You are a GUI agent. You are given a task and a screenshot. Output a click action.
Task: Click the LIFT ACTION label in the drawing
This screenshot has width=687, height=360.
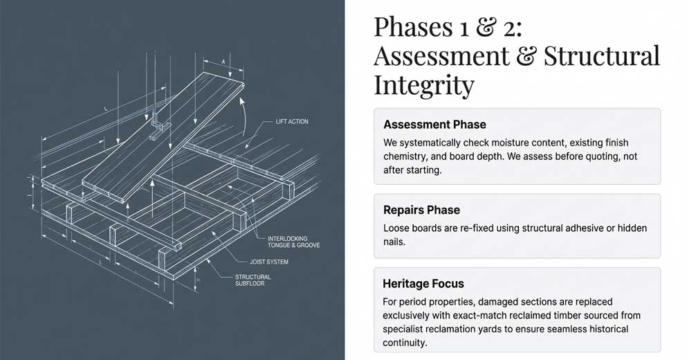(292, 121)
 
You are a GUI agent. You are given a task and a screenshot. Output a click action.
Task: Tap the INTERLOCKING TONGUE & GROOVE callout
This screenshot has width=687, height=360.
(293, 242)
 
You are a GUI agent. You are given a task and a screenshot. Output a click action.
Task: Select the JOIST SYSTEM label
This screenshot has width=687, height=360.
(269, 262)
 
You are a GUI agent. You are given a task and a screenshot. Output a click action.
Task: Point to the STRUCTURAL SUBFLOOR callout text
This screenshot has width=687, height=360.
(253, 280)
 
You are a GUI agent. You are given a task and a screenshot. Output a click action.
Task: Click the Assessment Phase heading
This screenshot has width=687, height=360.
(434, 125)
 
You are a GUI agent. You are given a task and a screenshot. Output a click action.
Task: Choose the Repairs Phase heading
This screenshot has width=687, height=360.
(421, 210)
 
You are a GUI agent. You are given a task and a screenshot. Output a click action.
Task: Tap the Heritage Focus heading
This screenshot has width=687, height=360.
(423, 284)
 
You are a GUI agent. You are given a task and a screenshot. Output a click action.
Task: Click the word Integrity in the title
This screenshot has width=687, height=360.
(423, 85)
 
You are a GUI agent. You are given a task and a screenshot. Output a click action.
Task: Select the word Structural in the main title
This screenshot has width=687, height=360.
(601, 56)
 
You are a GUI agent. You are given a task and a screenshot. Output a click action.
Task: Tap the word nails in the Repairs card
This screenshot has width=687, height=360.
(394, 242)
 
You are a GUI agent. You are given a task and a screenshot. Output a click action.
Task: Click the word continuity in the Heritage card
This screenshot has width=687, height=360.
(405, 343)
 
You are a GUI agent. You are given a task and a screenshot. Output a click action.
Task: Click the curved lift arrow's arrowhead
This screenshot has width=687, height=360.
(241, 101)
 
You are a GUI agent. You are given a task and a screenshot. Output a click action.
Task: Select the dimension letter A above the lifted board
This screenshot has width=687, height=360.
(223, 62)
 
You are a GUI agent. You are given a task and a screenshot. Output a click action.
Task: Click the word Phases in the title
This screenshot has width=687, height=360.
(413, 27)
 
